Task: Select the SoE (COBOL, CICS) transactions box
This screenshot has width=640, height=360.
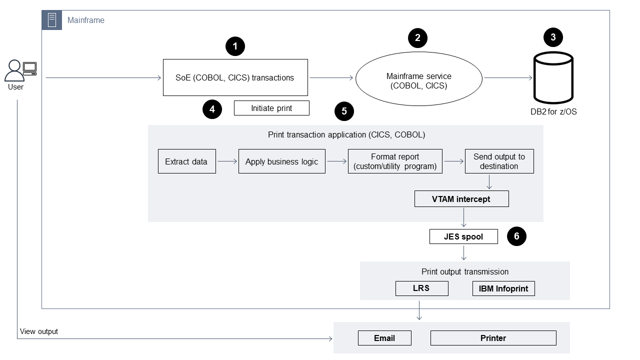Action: point(235,77)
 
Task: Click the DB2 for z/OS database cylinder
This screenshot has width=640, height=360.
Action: point(553,77)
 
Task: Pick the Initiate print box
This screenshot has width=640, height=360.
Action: point(271,108)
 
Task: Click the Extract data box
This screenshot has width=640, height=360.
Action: point(186,161)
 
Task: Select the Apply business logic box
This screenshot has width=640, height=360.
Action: point(281,161)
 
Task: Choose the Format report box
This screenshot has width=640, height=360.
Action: point(395,161)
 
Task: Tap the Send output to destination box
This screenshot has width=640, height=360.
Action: point(499,161)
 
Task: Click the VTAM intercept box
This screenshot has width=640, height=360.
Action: point(461,199)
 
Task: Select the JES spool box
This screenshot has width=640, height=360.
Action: point(463,236)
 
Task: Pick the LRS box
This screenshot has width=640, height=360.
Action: point(421,288)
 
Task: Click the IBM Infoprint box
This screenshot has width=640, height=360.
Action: point(503,288)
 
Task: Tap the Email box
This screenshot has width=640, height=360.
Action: point(384,338)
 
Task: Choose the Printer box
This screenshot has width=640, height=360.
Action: point(493,338)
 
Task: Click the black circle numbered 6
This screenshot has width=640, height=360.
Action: point(516,236)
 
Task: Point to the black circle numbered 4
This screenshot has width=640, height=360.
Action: point(212,109)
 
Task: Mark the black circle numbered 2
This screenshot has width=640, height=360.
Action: point(417,37)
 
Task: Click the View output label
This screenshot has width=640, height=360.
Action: point(39,331)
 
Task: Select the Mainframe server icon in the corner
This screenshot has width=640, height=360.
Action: point(52,20)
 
